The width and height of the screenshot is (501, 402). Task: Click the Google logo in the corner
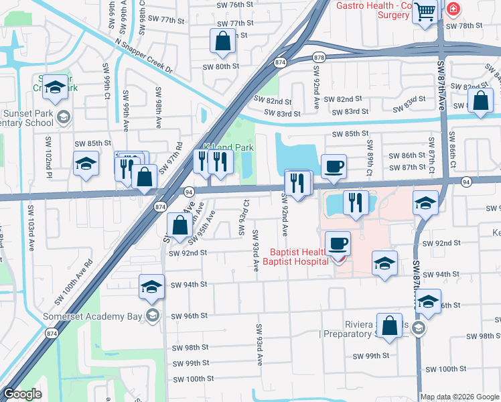[22, 394]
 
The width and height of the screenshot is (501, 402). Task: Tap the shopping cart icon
[425, 11]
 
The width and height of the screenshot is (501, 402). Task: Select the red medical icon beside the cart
[453, 9]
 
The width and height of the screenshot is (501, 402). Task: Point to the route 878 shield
[319, 58]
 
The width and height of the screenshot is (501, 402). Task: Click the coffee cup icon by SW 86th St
[334, 166]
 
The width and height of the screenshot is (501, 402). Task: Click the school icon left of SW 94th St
[152, 287]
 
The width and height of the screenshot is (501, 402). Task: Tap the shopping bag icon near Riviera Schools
[389, 326]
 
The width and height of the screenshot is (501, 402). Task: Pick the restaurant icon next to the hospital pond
[355, 202]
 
